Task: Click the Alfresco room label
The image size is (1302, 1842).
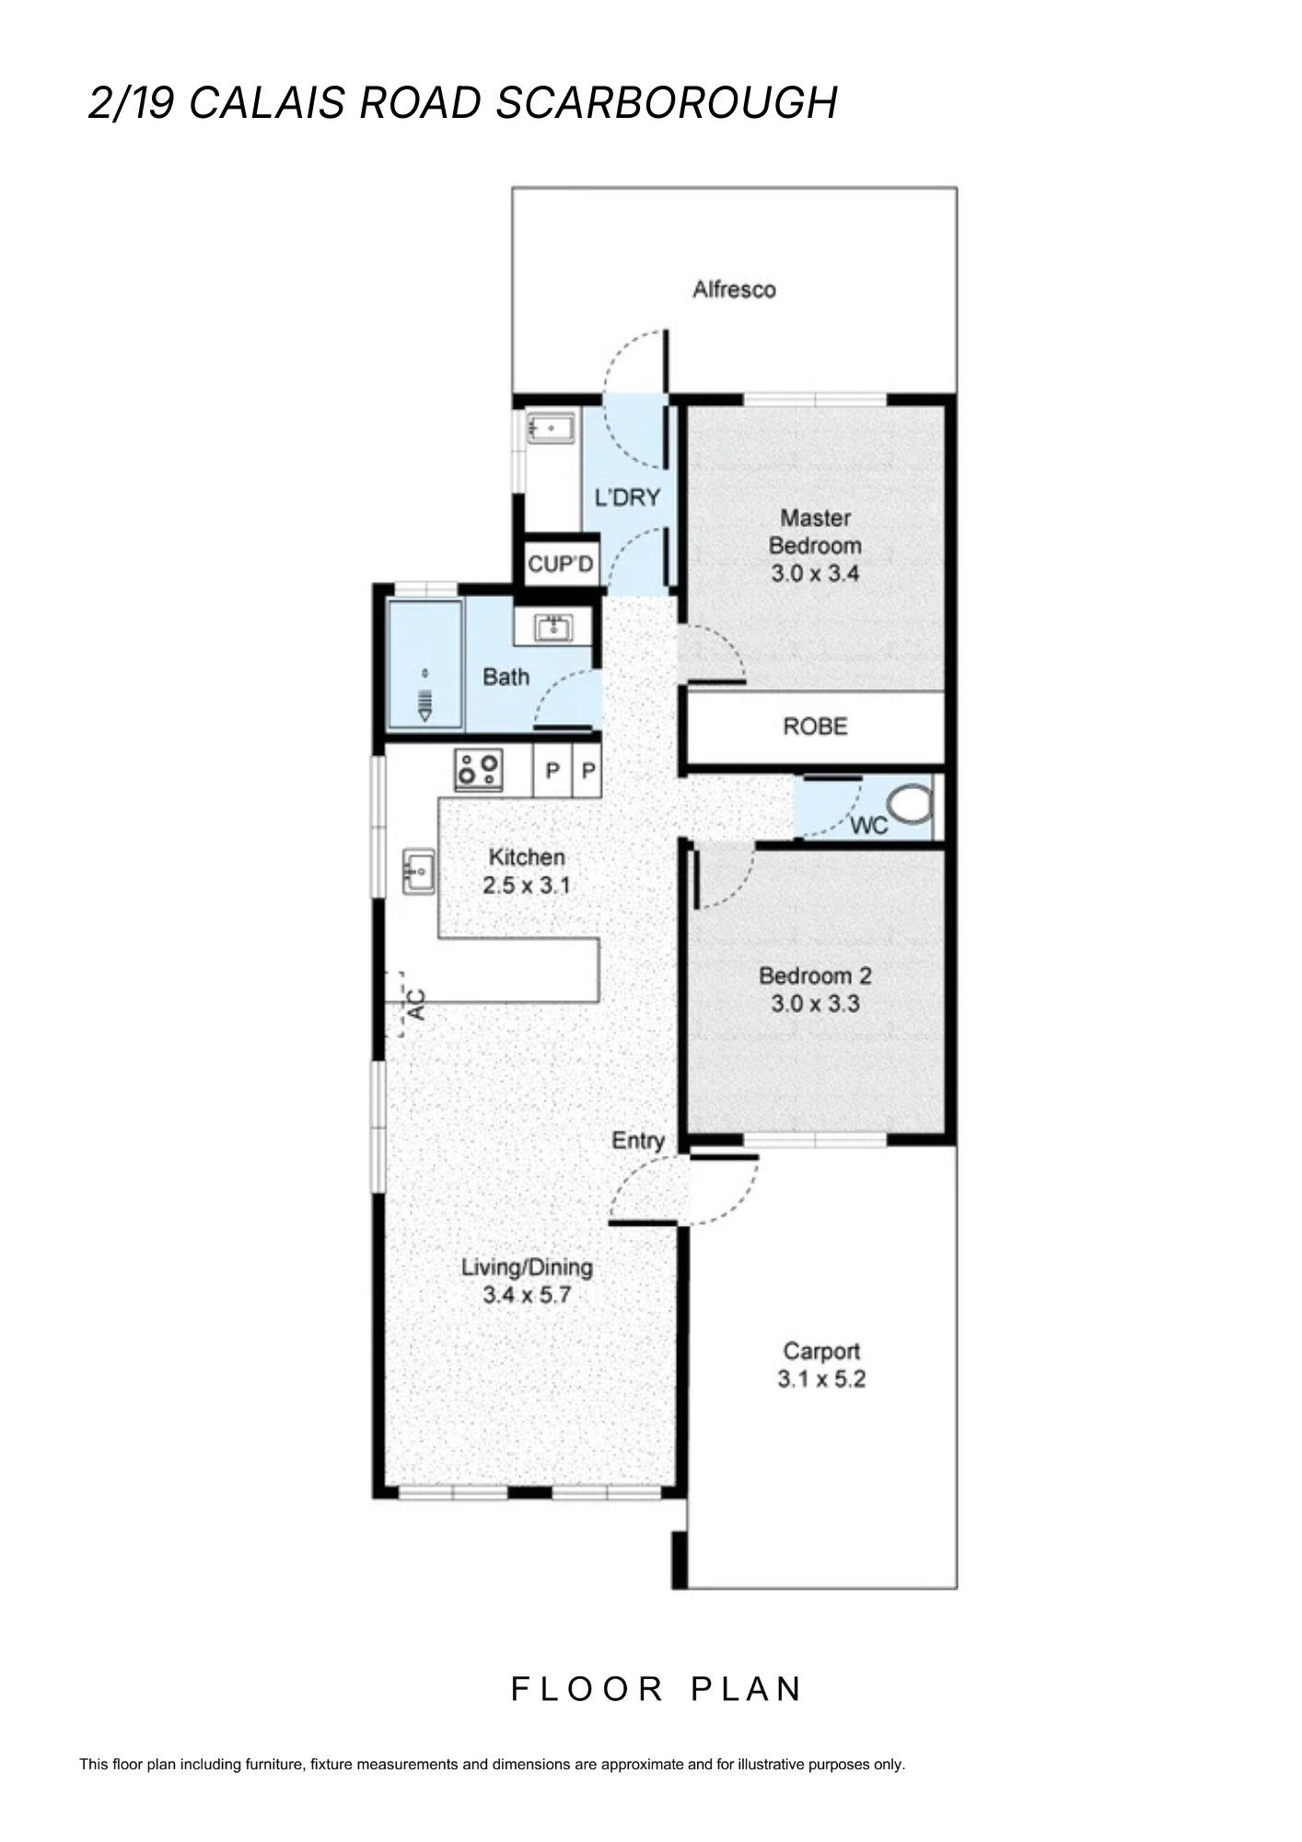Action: pos(734,290)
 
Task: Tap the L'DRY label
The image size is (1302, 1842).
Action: pos(627,498)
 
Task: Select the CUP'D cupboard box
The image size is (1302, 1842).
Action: pos(561,563)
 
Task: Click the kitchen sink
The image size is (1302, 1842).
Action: pos(419,871)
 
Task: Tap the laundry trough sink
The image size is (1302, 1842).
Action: pos(551,428)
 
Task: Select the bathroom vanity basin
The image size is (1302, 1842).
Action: pos(552,628)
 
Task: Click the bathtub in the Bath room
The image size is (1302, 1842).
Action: pos(424,663)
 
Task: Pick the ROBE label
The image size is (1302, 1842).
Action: pos(815,727)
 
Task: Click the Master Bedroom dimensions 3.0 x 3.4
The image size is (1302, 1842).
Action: pos(815,573)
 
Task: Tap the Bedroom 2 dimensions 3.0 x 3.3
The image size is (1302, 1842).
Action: pos(815,1003)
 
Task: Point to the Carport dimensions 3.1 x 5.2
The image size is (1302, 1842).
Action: pos(821,1379)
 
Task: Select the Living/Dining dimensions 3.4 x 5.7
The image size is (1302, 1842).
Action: pos(527,1295)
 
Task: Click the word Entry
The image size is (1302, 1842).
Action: pos(638,1141)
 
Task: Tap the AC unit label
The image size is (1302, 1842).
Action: pos(415,1004)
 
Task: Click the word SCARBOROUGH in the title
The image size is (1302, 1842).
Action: pos(667,102)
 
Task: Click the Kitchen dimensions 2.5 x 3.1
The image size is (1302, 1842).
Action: pos(527,886)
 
